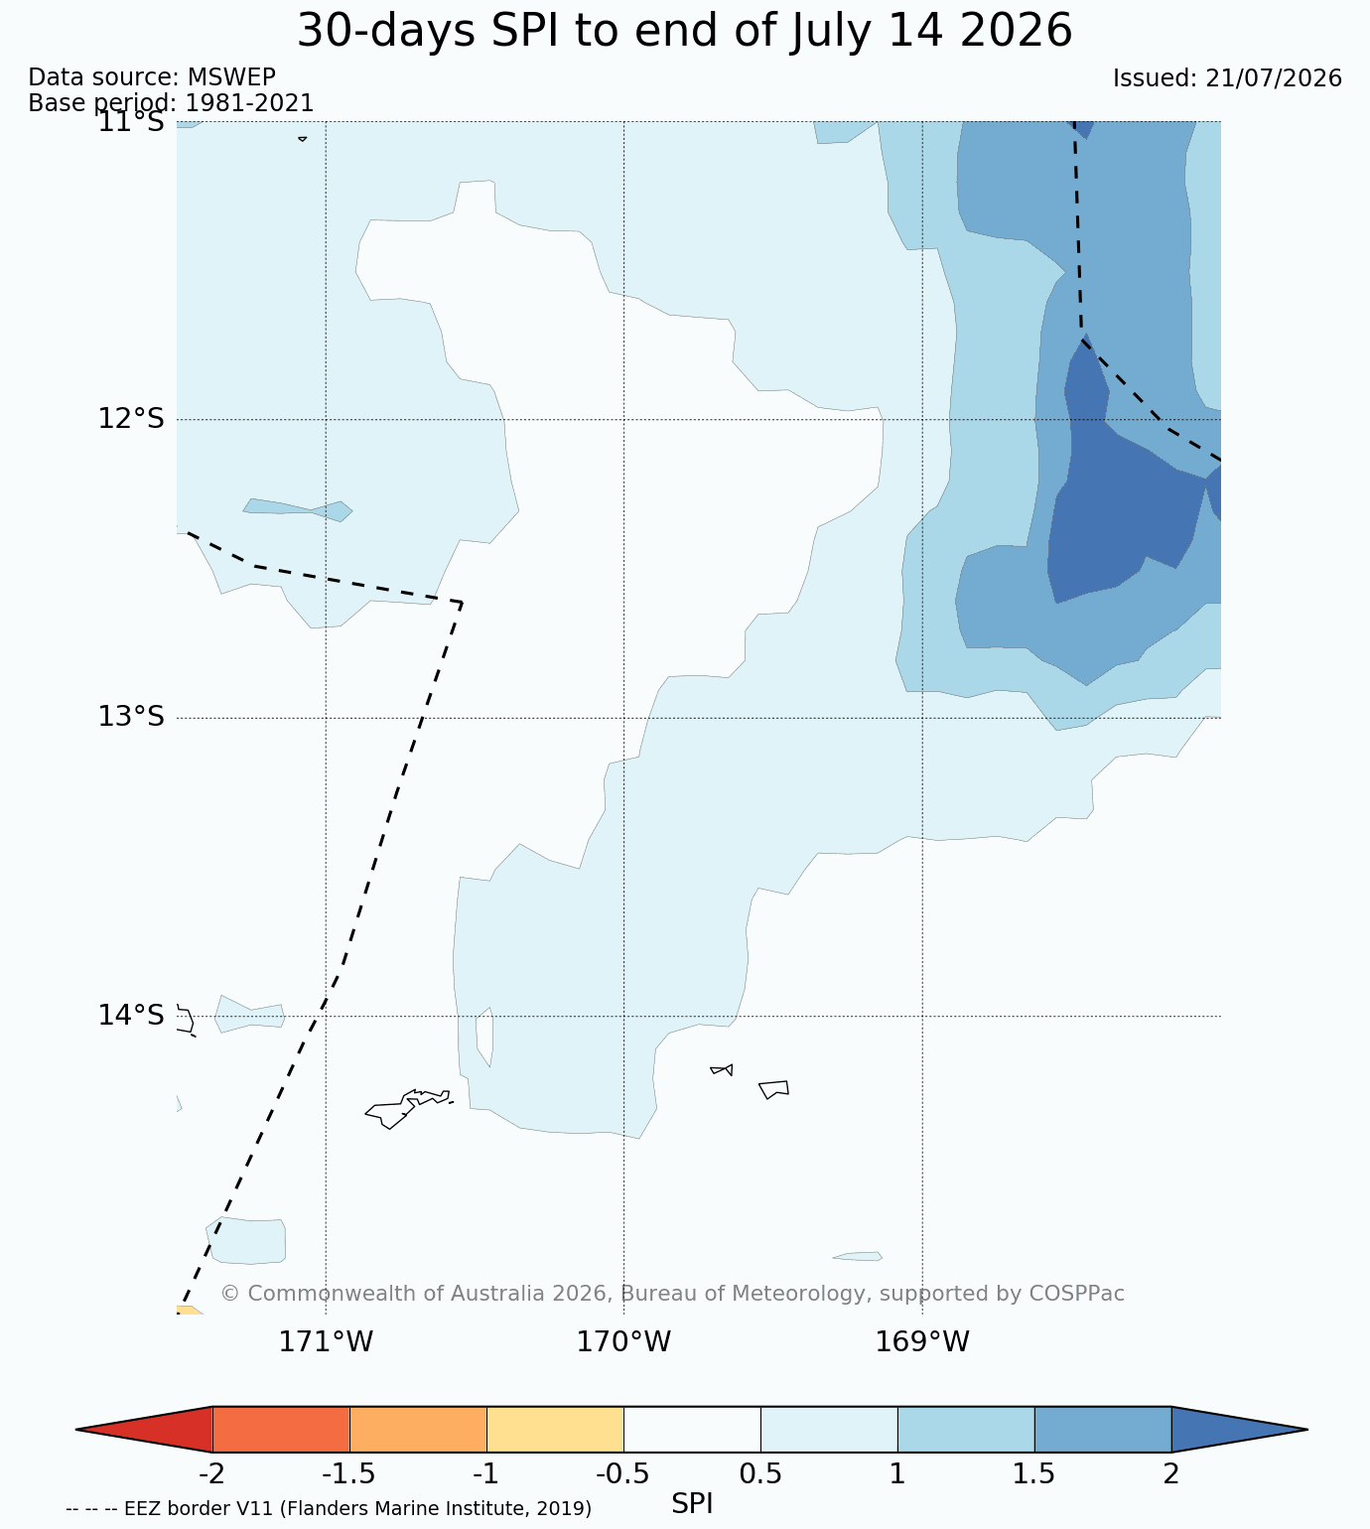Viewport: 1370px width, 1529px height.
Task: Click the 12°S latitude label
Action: click(x=131, y=418)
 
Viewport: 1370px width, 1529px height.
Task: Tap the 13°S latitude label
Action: click(x=131, y=716)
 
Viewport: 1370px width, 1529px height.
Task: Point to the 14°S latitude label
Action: click(x=131, y=1015)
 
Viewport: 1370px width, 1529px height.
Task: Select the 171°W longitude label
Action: click(x=326, y=1341)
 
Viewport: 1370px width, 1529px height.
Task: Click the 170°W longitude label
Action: click(x=623, y=1341)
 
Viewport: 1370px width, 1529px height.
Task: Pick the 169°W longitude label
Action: click(x=921, y=1341)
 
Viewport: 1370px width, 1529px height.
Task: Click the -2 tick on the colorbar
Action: click(x=212, y=1474)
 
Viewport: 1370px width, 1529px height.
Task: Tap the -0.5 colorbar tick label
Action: click(x=622, y=1474)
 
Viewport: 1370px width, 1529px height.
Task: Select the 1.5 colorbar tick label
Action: click(x=1034, y=1474)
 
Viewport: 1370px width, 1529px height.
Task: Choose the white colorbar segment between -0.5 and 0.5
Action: click(x=692, y=1430)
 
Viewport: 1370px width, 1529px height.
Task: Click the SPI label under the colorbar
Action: click(x=692, y=1504)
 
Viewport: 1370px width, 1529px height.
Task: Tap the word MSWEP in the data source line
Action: click(x=231, y=77)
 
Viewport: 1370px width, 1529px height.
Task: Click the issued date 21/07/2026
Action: click(x=1274, y=77)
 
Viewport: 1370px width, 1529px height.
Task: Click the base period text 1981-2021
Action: click(x=249, y=102)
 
